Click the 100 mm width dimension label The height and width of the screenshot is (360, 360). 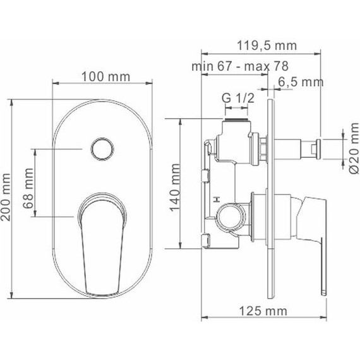pos(105,76)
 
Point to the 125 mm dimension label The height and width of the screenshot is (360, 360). pos(263,310)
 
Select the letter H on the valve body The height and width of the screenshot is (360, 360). pos(218,200)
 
